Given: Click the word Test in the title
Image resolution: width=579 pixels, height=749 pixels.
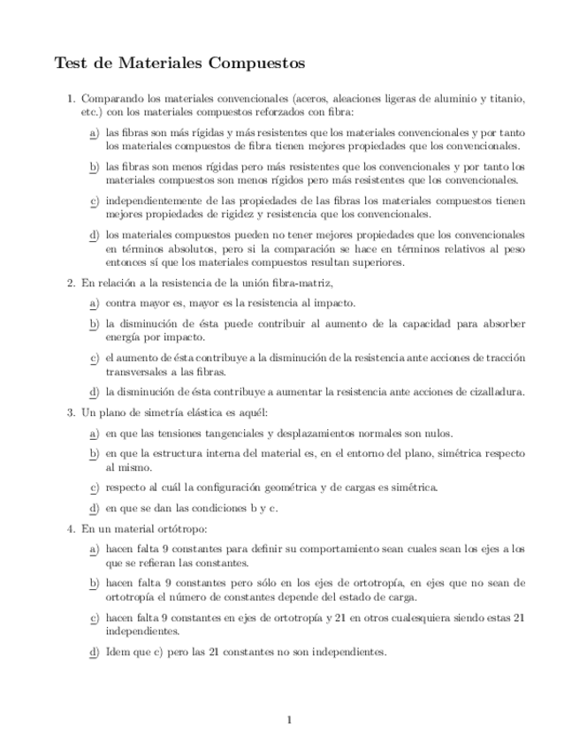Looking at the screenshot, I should (71, 64).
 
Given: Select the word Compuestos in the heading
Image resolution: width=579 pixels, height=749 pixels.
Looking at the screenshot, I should (255, 64).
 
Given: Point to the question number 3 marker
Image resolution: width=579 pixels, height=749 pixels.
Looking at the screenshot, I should (71, 412).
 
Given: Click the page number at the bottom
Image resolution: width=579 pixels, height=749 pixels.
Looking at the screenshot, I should (289, 720).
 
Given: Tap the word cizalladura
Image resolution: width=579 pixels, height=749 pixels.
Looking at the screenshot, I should (491, 391).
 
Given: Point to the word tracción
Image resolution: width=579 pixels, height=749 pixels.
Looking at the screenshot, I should (504, 358).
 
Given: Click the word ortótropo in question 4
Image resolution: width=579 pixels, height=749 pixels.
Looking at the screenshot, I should (182, 529).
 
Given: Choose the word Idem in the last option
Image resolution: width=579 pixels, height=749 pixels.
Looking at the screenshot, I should (118, 652).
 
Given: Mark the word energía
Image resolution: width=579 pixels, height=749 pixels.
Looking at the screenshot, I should (124, 337).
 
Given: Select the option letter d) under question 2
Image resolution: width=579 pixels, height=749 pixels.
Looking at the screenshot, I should (94, 391).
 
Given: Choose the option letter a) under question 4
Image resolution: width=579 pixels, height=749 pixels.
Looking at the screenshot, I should (94, 549).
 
